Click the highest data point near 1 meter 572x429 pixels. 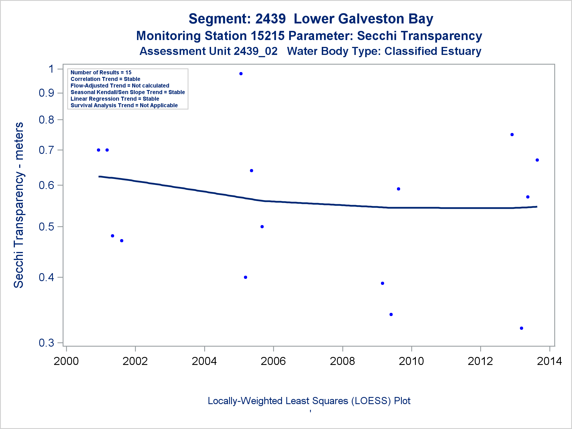(241, 74)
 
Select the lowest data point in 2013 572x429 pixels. (521, 328)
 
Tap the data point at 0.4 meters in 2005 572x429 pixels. (245, 277)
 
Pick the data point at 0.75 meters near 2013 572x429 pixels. (512, 134)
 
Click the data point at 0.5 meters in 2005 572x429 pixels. (262, 227)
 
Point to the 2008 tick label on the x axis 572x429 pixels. (342, 361)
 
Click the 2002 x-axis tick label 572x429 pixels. (135, 361)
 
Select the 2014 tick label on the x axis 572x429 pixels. (549, 361)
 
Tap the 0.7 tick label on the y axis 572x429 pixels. (46, 150)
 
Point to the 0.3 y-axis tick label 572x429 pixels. (46, 342)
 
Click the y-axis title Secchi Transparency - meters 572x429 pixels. (19, 205)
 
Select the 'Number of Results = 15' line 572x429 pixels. (101, 72)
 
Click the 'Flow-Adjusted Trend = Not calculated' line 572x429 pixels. (120, 86)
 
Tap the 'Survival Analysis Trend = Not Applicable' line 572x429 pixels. (124, 105)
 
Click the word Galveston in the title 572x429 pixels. (371, 19)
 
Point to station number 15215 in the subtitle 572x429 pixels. (268, 36)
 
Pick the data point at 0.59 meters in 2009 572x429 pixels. (398, 189)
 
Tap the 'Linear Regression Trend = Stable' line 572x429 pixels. (115, 99)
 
